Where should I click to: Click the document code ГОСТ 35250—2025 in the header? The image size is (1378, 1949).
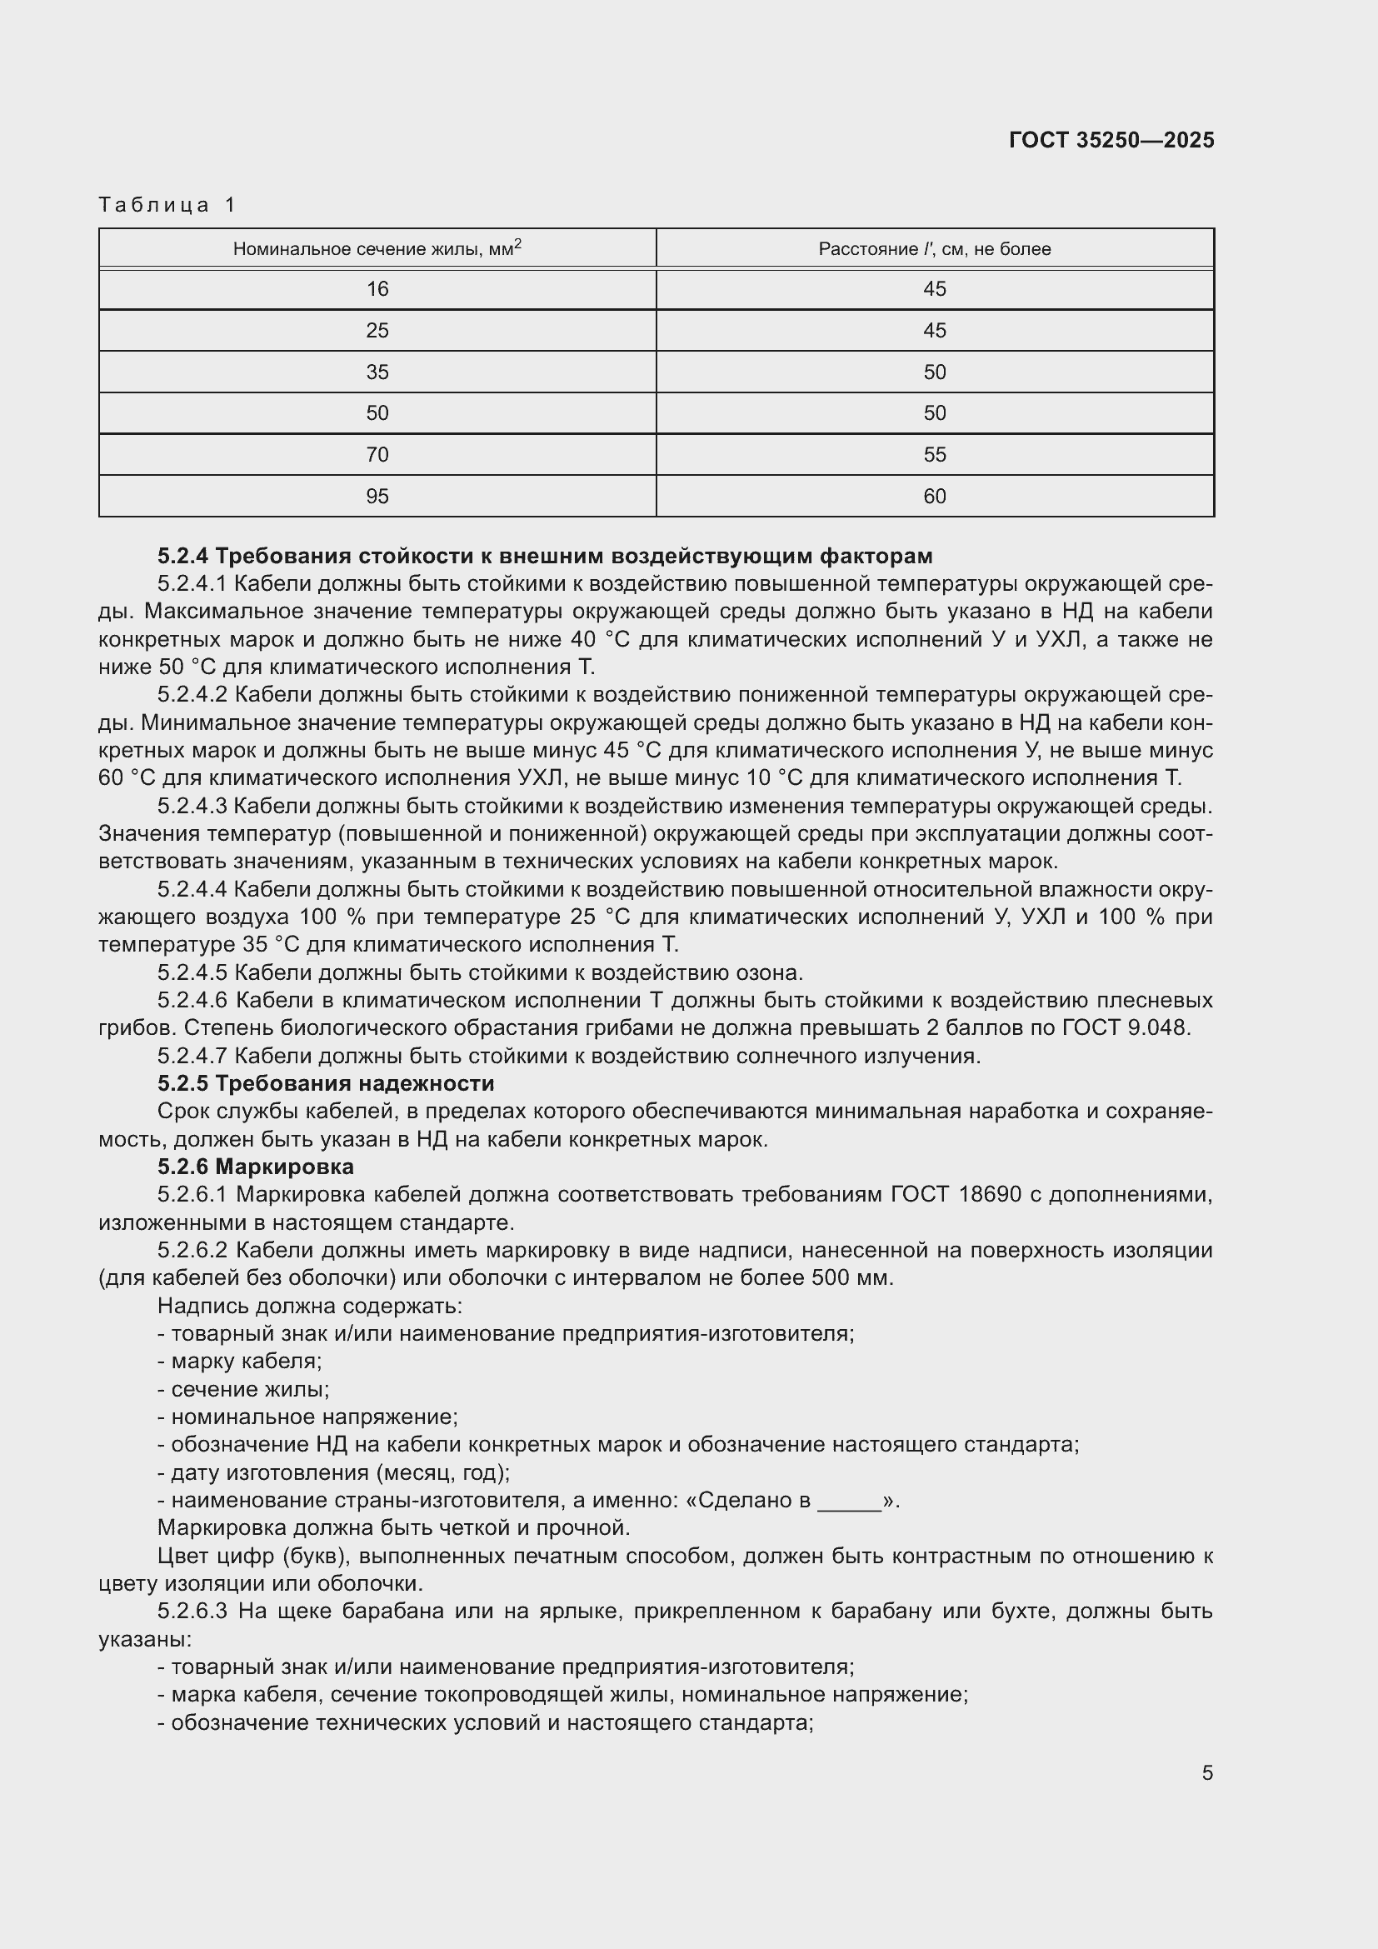[1111, 140]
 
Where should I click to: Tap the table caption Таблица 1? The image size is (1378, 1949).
[167, 205]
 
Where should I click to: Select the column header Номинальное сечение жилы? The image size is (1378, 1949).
[377, 248]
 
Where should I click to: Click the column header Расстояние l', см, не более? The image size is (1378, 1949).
[934, 248]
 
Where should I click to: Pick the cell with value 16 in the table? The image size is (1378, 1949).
[377, 289]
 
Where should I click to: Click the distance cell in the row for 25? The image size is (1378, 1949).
[934, 330]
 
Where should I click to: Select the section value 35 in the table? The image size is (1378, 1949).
[377, 372]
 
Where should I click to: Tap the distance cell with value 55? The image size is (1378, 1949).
[934, 455]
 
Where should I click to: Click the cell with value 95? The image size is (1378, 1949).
[377, 496]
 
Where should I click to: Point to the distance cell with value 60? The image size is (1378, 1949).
[934, 496]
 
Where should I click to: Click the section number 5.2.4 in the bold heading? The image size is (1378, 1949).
[182, 556]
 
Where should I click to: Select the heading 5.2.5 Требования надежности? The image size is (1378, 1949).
[326, 1083]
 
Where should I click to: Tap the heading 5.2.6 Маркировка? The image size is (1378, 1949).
[256, 1167]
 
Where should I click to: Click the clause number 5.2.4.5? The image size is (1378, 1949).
[192, 972]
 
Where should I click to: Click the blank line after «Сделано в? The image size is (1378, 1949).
[849, 1500]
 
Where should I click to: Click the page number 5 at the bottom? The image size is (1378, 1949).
[1206, 1772]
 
